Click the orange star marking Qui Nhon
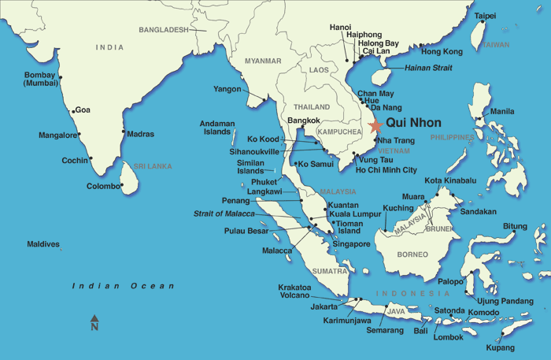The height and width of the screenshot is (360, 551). [x=375, y=124]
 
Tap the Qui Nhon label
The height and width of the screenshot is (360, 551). [x=414, y=123]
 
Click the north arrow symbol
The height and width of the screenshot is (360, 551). [x=94, y=322]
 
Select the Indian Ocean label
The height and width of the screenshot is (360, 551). [x=123, y=286]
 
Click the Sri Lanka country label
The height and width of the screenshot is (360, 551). [x=153, y=166]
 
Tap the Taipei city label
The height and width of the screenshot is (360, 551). [x=485, y=16]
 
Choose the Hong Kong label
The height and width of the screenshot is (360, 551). [x=442, y=52]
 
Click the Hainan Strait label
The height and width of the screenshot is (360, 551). [x=428, y=69]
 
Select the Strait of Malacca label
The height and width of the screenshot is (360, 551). [x=224, y=213]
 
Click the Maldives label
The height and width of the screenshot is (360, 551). [x=43, y=244]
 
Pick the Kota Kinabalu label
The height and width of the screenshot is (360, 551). [x=450, y=180]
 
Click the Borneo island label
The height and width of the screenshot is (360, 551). [x=412, y=254]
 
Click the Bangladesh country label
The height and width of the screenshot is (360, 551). [x=164, y=30]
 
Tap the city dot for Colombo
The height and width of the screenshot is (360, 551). [x=123, y=186]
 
